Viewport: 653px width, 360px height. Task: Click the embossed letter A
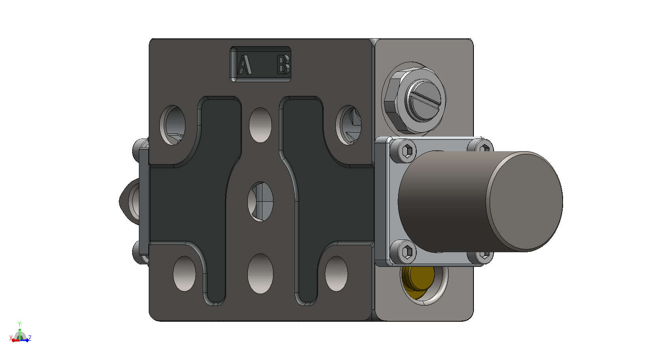[x=244, y=64]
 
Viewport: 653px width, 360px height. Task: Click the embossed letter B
[x=283, y=64]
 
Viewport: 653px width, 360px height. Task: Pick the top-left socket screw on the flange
[x=407, y=151]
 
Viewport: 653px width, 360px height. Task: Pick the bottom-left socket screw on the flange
[x=407, y=251]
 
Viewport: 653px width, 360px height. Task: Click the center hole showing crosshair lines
[x=260, y=202]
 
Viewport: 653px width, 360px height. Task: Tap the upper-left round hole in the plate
[x=172, y=125]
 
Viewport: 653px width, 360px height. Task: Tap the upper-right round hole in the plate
[x=349, y=125]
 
